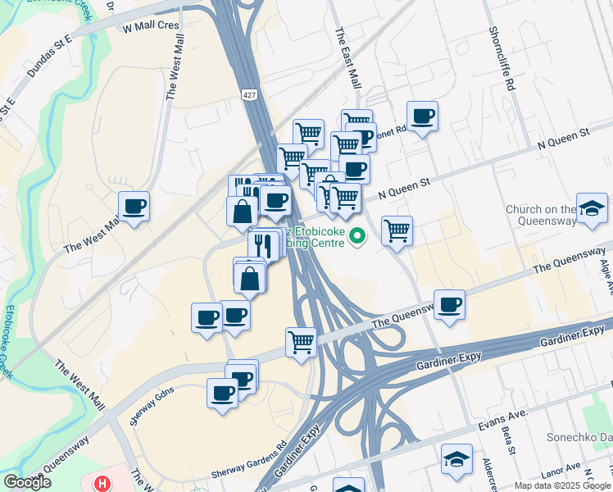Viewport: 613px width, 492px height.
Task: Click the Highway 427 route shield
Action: point(247,96)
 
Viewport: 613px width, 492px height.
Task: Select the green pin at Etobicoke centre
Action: point(356,238)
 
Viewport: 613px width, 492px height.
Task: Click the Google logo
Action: point(27,482)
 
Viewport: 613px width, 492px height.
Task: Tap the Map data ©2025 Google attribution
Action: point(562,485)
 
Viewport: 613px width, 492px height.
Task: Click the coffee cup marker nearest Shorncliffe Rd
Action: point(422,116)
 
